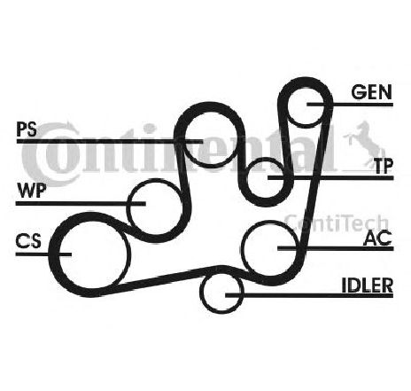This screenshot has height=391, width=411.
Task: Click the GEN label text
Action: (371, 91)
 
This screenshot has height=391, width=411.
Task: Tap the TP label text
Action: (384, 166)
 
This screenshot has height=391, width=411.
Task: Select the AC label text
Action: (378, 238)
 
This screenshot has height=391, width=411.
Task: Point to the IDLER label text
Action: (368, 285)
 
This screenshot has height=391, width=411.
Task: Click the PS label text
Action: (27, 129)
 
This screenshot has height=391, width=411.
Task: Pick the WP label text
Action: (32, 191)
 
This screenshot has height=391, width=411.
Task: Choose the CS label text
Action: (28, 240)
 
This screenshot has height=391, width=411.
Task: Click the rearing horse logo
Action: (365, 145)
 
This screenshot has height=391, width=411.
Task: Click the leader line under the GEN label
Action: (350, 105)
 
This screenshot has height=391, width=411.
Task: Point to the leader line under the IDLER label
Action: (309, 295)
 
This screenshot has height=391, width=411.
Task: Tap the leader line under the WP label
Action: (81, 203)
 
